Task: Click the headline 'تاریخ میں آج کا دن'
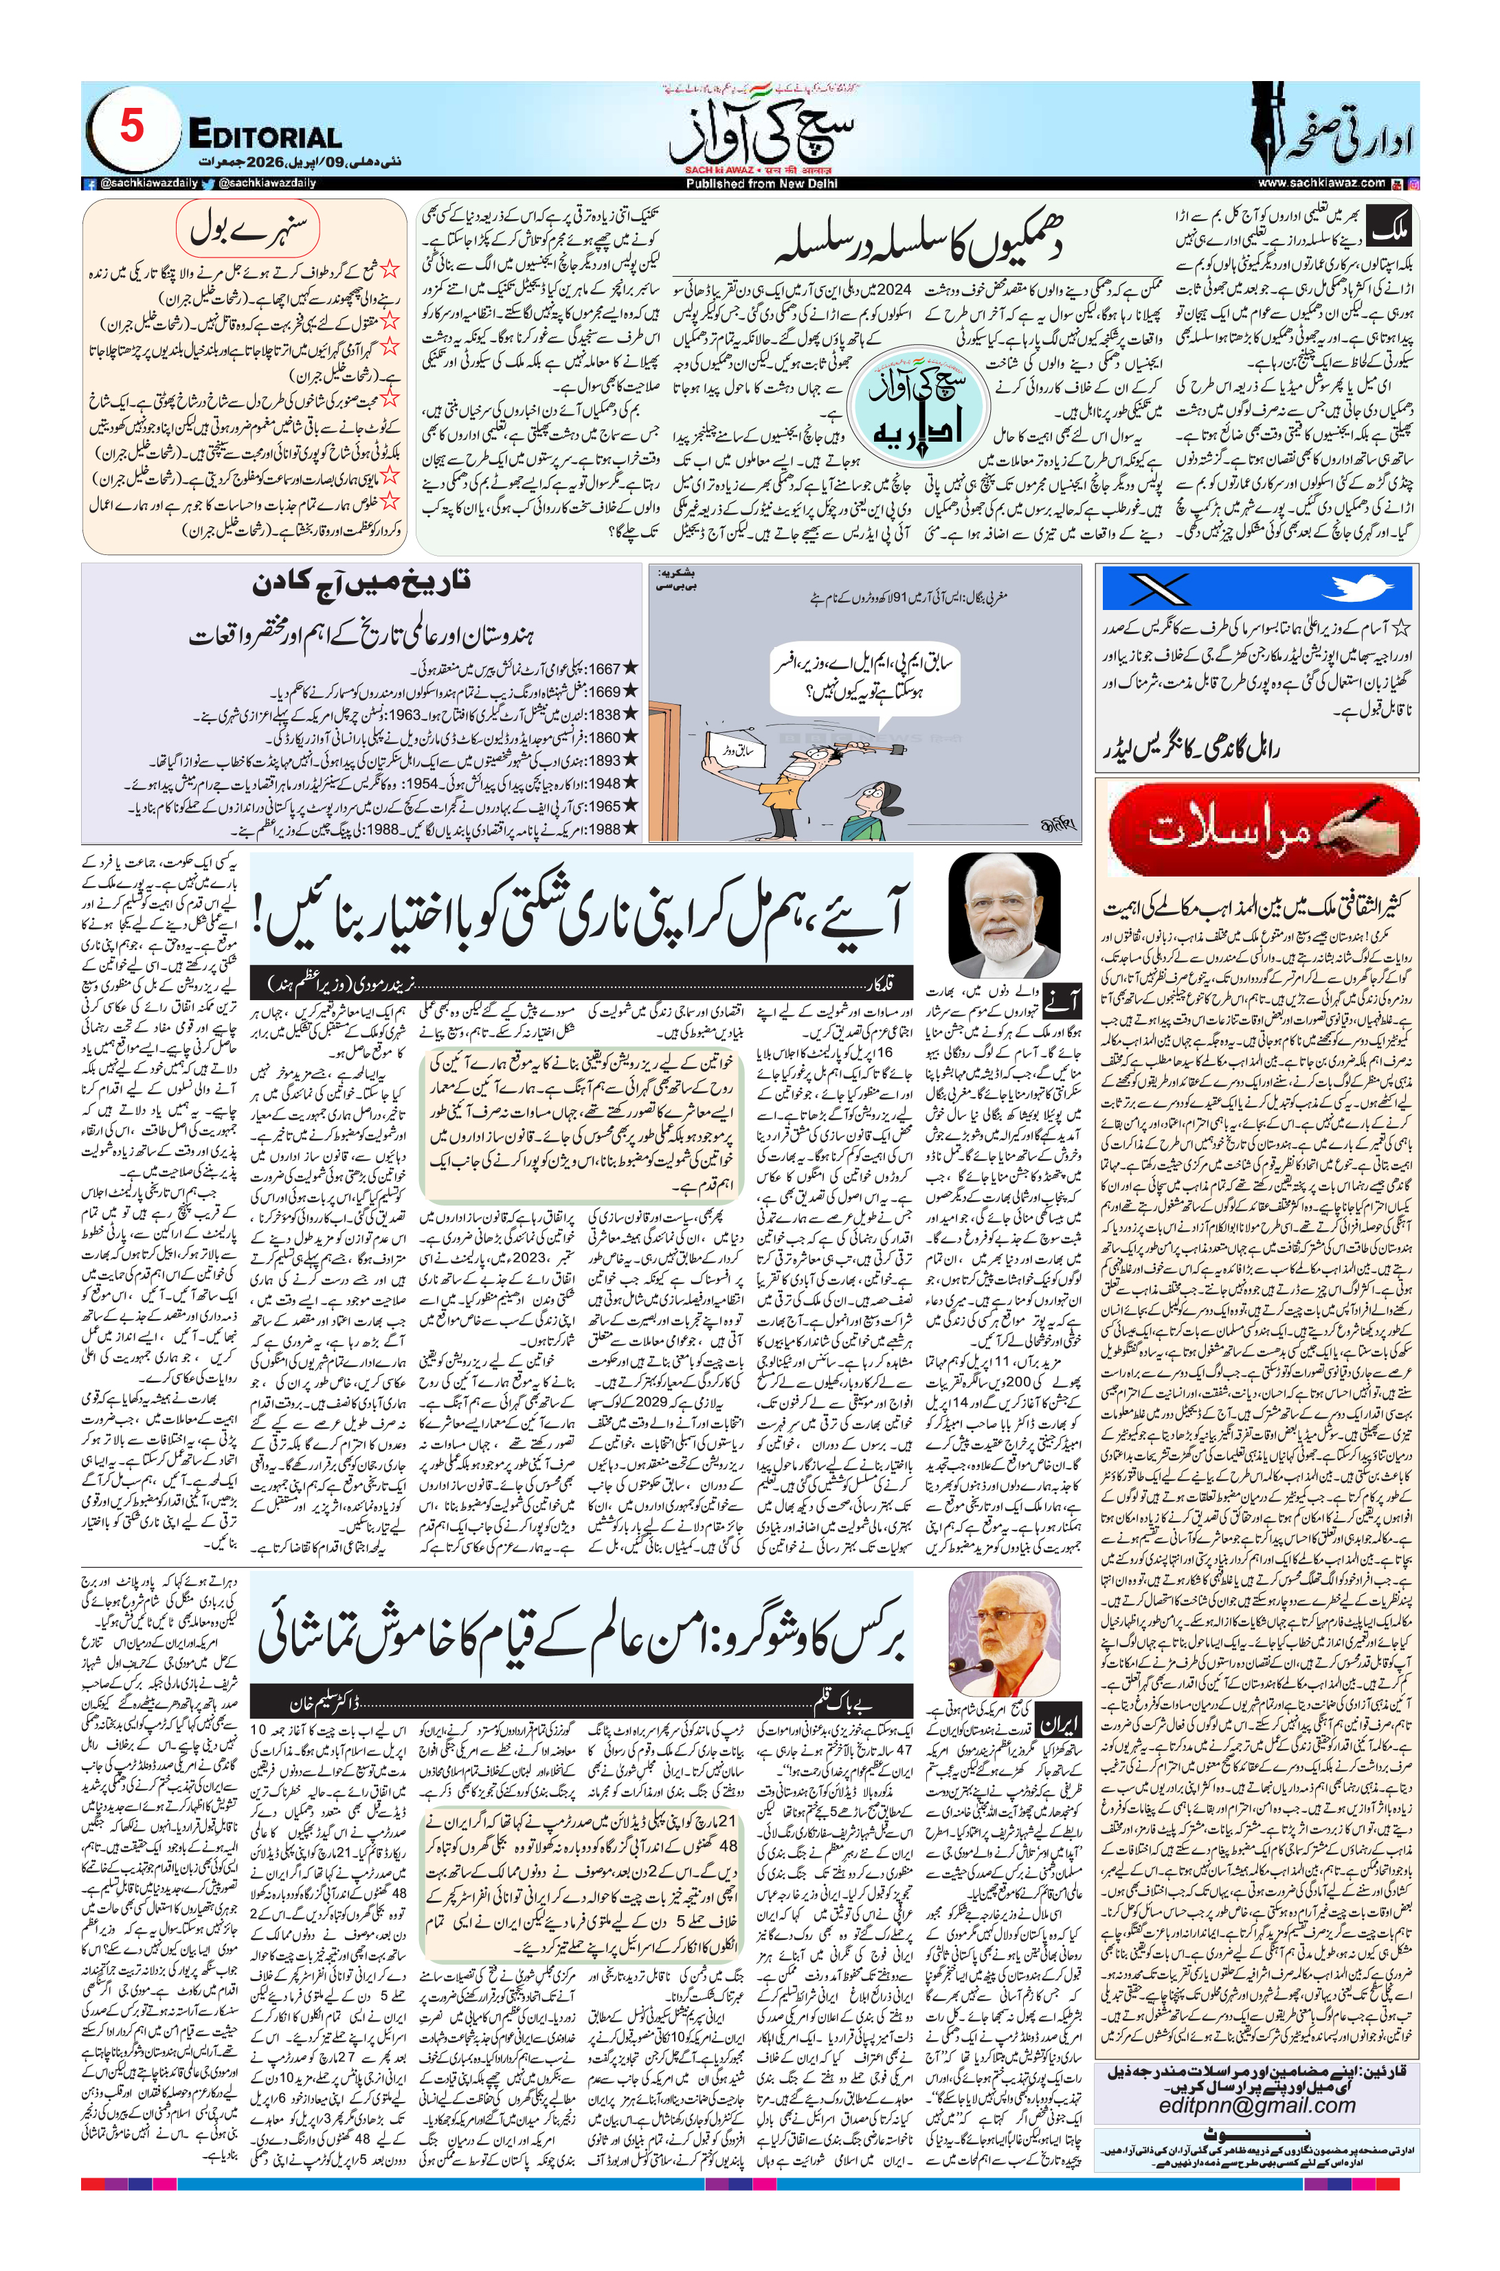pyautogui.click(x=361, y=583)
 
